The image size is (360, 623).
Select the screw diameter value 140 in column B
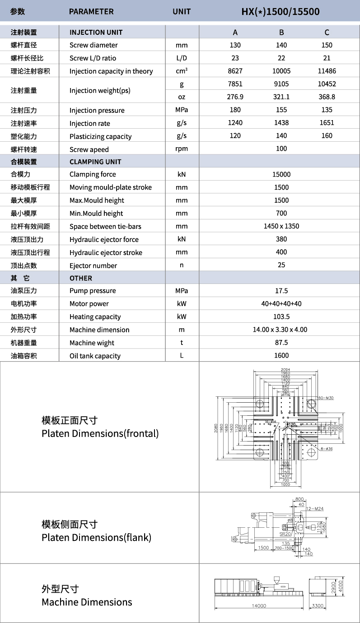pyautogui.click(x=281, y=45)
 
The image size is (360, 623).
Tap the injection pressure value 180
pyautogui.click(x=235, y=110)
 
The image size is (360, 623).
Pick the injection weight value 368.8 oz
pyautogui.click(x=327, y=97)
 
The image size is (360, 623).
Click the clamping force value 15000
pyautogui.click(x=281, y=175)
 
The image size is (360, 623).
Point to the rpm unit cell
pyautogui.click(x=182, y=149)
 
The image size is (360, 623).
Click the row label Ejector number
pyautogui.click(x=93, y=266)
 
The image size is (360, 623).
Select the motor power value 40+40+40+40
pyautogui.click(x=281, y=304)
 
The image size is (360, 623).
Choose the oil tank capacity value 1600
pyautogui.click(x=281, y=356)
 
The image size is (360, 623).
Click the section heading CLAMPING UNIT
pyautogui.click(x=95, y=162)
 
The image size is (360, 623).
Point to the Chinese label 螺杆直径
pyautogui.click(x=23, y=45)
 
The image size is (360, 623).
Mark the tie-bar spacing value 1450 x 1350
pyautogui.click(x=281, y=226)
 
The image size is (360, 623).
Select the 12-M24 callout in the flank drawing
pyautogui.click(x=315, y=509)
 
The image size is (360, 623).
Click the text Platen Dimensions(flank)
pyautogui.click(x=96, y=538)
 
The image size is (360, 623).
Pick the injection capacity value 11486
pyautogui.click(x=327, y=71)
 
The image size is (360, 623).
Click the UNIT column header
pyautogui.click(x=182, y=11)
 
